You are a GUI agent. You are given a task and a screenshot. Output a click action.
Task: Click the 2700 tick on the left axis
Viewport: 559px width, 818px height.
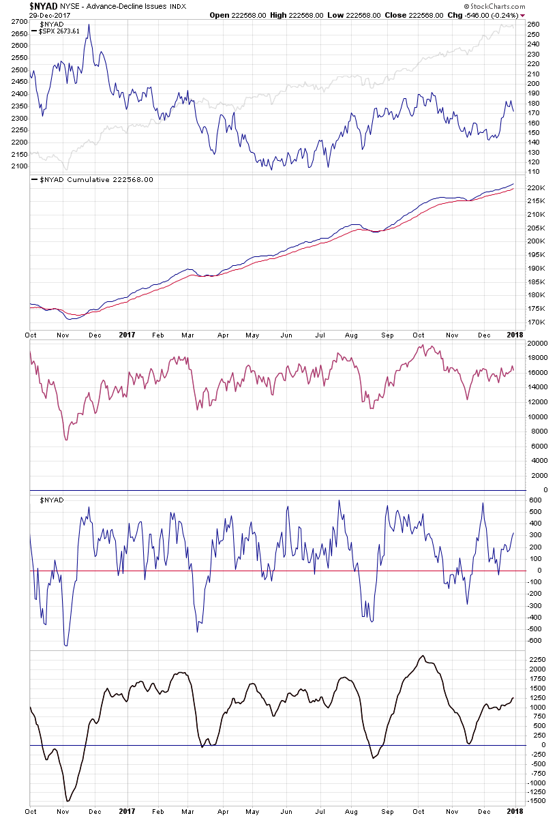pyautogui.click(x=18, y=22)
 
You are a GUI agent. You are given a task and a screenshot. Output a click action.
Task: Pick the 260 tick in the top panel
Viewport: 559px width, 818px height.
pyautogui.click(x=534, y=25)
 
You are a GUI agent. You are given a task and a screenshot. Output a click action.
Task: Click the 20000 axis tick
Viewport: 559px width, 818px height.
pyautogui.click(x=539, y=343)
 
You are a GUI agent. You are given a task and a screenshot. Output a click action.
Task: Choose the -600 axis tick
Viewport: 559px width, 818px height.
pyautogui.click(x=534, y=640)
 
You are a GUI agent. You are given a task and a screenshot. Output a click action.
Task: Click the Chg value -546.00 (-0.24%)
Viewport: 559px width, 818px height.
pyautogui.click(x=494, y=15)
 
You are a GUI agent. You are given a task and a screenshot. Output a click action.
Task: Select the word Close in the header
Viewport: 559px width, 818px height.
pyautogui.click(x=395, y=15)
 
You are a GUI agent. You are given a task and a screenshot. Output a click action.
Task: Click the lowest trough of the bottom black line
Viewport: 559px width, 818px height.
pyautogui.click(x=67, y=801)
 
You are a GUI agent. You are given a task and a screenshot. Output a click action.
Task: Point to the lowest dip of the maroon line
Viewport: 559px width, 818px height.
pyautogui.click(x=66, y=440)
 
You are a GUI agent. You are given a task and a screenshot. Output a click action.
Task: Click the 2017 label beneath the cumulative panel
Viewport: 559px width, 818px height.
pyautogui.click(x=126, y=335)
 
